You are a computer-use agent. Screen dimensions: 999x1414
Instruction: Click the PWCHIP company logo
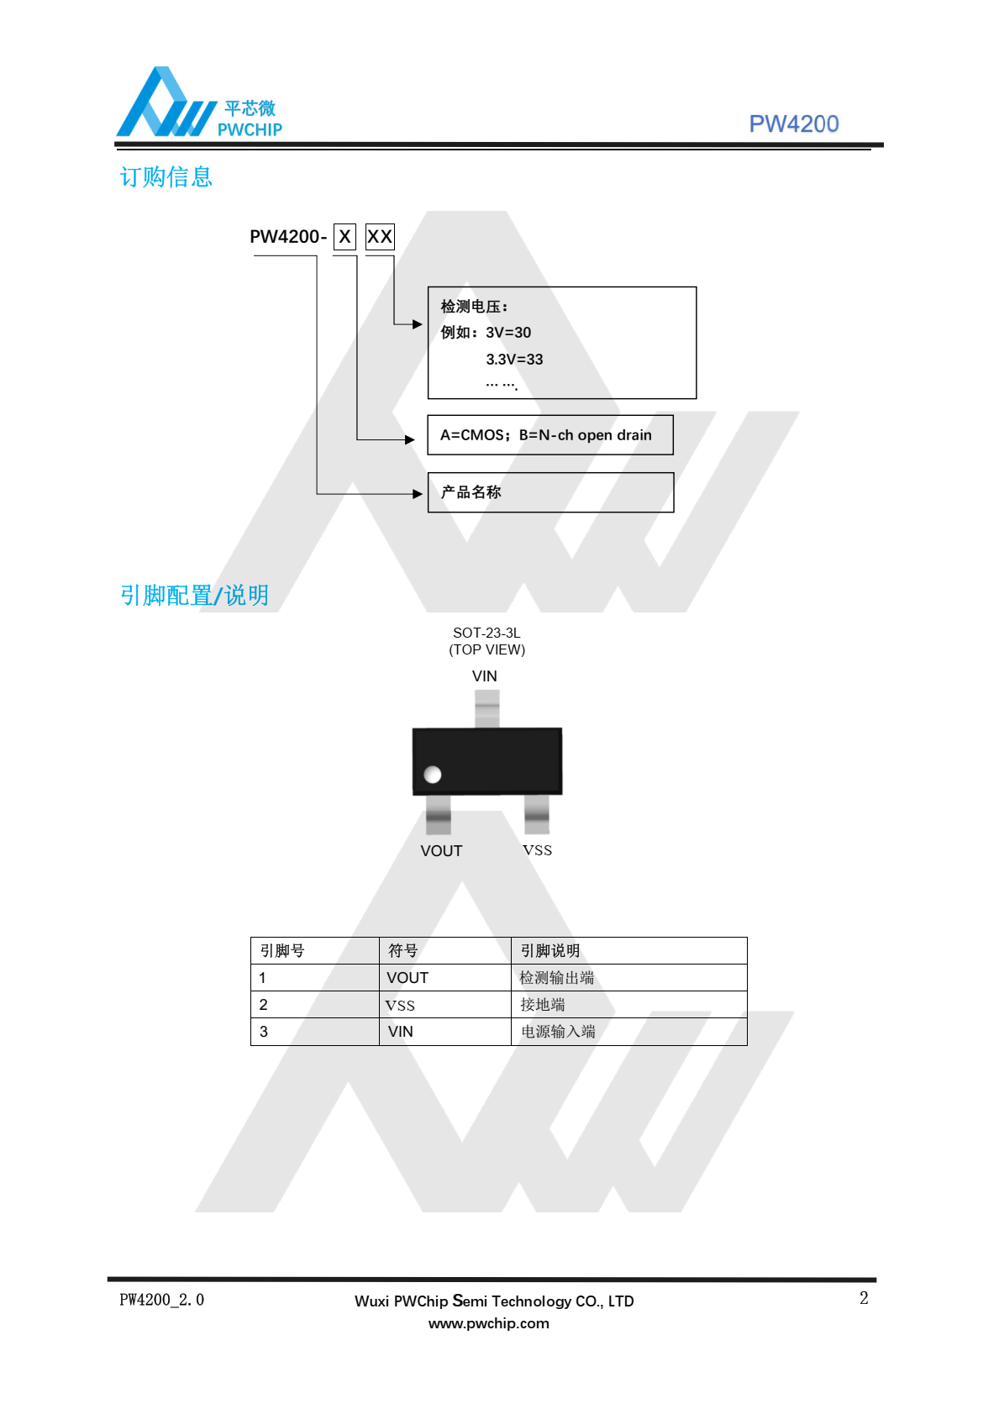[199, 102]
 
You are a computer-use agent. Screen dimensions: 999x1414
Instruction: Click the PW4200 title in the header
[793, 124]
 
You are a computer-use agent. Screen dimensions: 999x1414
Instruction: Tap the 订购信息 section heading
[166, 176]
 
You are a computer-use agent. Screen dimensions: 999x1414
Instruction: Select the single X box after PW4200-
[344, 237]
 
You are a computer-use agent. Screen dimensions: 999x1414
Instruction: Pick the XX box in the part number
[380, 237]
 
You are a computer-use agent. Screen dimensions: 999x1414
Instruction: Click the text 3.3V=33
[514, 360]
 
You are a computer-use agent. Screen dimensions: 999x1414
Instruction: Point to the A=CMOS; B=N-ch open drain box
[550, 435]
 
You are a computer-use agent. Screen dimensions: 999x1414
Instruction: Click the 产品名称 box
[550, 492]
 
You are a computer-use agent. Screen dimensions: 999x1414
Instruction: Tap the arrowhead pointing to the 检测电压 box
[417, 323]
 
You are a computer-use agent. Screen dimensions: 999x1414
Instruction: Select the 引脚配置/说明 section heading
[194, 595]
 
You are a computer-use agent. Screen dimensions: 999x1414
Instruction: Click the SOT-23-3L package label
[486, 633]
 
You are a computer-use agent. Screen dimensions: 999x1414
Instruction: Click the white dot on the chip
[433, 774]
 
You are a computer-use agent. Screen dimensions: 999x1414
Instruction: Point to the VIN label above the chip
[484, 676]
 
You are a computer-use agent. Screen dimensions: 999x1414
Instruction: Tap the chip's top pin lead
[486, 709]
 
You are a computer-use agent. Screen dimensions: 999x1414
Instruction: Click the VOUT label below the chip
[441, 851]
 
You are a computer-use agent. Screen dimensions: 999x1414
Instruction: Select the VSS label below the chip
[537, 850]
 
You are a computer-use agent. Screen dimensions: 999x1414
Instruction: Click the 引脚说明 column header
[549, 950]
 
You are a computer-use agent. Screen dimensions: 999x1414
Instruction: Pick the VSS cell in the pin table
[445, 1004]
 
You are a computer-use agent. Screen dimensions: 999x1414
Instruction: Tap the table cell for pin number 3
[315, 1032]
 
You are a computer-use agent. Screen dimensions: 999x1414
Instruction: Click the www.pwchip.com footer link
[488, 1323]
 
